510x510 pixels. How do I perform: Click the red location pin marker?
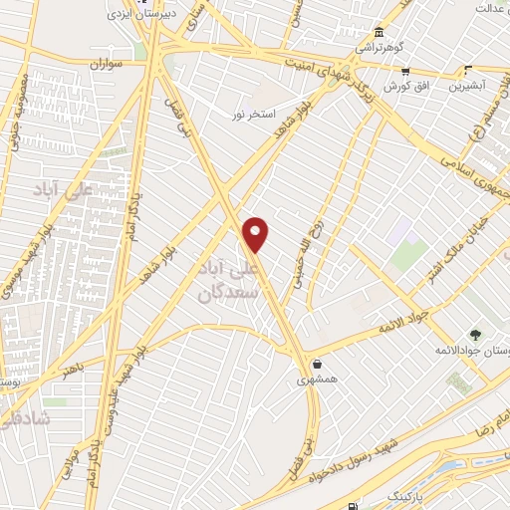tap(256, 235)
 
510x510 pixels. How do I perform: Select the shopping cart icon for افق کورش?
tap(405, 71)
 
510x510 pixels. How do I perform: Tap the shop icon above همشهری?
tap(316, 364)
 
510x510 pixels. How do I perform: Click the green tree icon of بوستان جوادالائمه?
tap(475, 335)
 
